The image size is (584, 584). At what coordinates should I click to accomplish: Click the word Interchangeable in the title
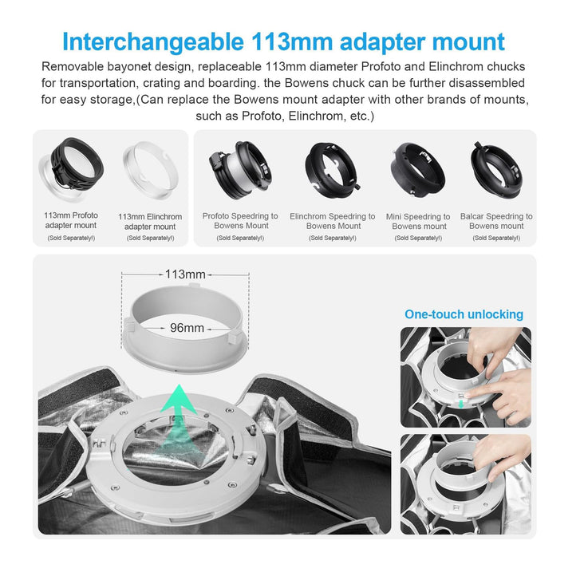tap(152, 43)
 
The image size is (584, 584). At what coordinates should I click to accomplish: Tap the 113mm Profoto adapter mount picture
tap(71, 169)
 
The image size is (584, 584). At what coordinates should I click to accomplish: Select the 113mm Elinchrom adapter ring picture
tap(151, 170)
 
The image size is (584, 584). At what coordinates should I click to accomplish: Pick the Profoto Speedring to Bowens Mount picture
tap(240, 170)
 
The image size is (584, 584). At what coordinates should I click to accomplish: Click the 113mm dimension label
tap(185, 274)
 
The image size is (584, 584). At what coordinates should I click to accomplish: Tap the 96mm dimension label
tap(187, 328)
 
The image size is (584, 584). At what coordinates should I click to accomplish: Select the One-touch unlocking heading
tap(464, 314)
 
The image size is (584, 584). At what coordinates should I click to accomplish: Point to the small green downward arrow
tap(461, 404)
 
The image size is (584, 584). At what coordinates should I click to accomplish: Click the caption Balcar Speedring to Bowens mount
tap(496, 221)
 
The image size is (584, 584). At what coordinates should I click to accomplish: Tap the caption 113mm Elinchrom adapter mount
tap(150, 222)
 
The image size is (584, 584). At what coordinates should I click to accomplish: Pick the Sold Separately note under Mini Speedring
tap(418, 238)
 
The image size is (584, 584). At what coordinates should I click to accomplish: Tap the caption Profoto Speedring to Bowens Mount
tap(241, 221)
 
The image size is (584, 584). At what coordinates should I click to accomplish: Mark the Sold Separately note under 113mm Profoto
tap(71, 238)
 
